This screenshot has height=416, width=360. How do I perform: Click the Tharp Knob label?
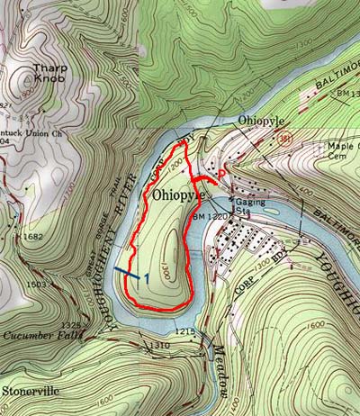tap(50, 74)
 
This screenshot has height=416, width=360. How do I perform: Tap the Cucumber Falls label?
tap(41, 335)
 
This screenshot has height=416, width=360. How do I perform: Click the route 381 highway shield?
tap(286, 139)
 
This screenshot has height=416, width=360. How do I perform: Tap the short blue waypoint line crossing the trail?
tap(127, 273)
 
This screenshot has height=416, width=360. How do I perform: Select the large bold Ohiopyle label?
tap(180, 194)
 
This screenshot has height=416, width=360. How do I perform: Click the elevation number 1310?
tap(161, 346)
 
